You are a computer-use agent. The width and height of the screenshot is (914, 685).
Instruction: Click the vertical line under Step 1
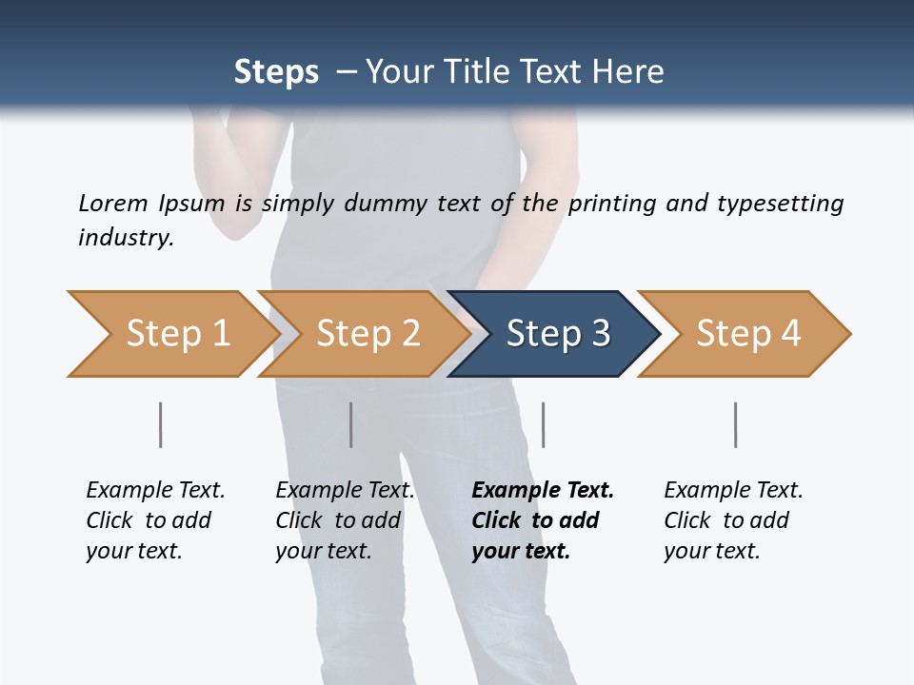[x=160, y=424]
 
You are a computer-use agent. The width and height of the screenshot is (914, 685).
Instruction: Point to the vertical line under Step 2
[x=351, y=424]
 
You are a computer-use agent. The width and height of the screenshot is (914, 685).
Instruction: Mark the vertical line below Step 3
[x=544, y=424]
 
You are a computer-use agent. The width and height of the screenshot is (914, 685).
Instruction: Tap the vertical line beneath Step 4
[x=736, y=424]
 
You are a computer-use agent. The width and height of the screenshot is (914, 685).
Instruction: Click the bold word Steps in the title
[x=276, y=72]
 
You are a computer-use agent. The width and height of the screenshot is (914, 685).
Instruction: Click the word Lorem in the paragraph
[x=113, y=203]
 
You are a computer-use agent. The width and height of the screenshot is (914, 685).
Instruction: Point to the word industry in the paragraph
[x=126, y=237]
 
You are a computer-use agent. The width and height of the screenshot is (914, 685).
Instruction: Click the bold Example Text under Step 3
[x=543, y=491]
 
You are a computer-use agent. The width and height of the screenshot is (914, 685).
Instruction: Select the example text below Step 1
[x=155, y=519]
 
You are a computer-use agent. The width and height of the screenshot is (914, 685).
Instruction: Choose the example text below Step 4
[x=733, y=519]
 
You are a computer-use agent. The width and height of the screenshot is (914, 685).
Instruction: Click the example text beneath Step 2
[x=345, y=519]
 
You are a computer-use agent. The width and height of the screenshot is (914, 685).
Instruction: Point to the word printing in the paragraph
[x=611, y=203]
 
